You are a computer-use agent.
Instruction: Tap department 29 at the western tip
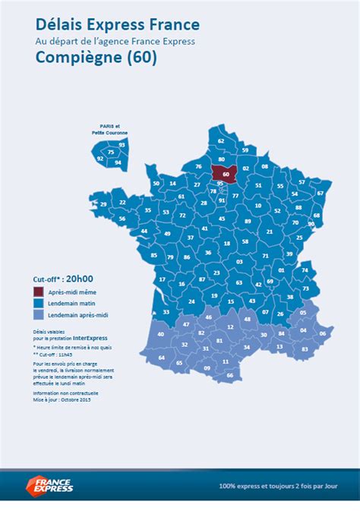[103, 204]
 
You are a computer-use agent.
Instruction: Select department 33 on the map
[166, 312]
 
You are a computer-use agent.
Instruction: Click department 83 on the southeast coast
[305, 348]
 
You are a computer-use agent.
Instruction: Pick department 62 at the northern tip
[221, 140]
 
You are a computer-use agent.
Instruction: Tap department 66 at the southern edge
[230, 375]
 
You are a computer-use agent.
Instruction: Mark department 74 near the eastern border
[305, 269]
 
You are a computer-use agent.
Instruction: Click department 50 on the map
[156, 183]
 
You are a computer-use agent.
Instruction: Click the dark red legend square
[38, 292]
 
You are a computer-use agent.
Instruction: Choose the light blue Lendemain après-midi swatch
[38, 314]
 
